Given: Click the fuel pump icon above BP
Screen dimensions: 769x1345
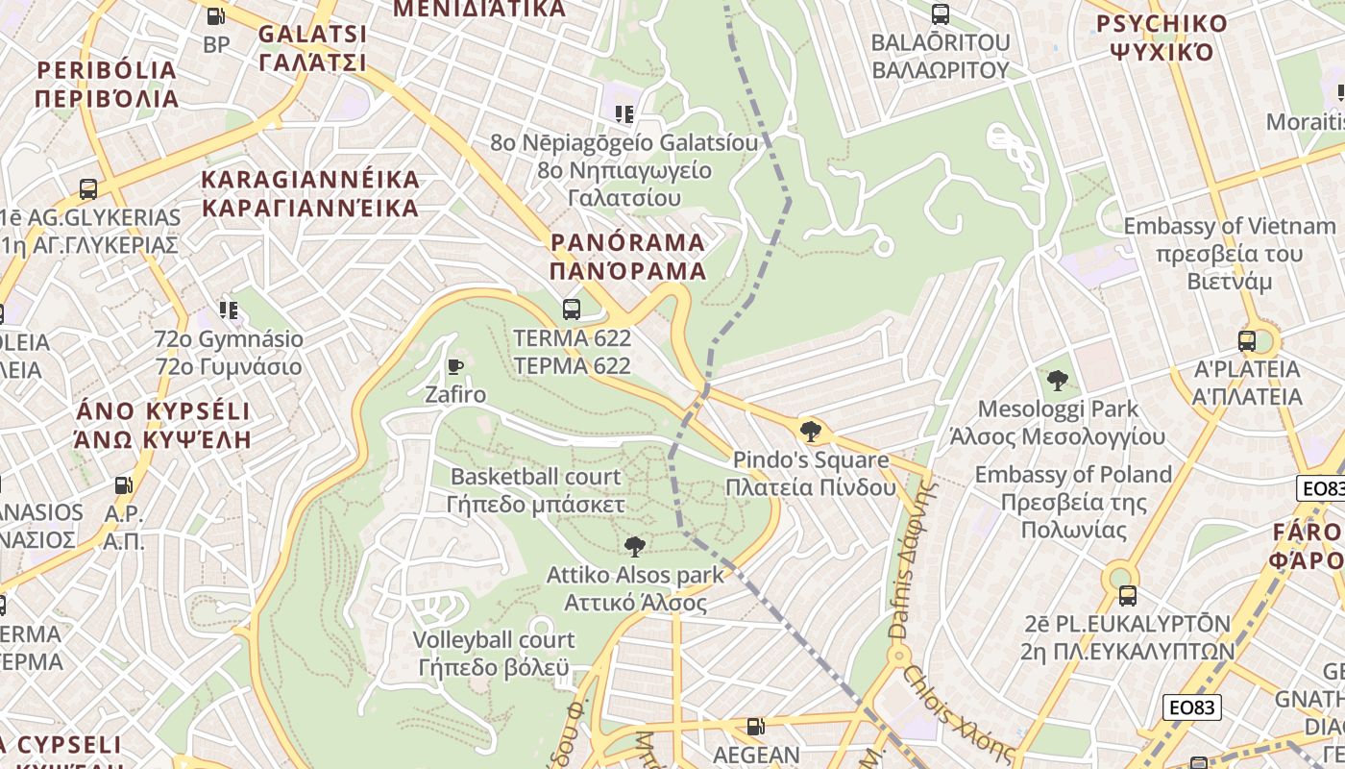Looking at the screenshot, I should point(216,16).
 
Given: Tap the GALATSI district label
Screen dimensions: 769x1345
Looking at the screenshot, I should point(312,49).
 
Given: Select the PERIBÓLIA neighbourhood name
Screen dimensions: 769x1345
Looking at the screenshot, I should point(107,85).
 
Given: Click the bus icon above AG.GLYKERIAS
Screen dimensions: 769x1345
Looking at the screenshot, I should point(88,188).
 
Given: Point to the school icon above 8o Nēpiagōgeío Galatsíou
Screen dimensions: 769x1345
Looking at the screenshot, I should point(624,114).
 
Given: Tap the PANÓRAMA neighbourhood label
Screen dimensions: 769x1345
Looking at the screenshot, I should point(628,256).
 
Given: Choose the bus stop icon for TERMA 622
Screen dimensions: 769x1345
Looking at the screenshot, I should point(572,310).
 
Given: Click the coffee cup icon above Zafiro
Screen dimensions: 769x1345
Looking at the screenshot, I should point(455,366).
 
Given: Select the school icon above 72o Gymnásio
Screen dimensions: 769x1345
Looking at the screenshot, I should point(229,310).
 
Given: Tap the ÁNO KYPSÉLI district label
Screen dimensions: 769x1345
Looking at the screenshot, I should point(162,425).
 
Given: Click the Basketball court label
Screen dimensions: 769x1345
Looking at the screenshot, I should point(536,490).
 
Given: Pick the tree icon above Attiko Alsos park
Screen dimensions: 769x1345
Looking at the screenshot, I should point(634,547).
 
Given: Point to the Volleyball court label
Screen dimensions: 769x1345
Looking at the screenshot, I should point(494,654).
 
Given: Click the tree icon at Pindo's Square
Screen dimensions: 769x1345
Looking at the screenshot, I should point(811,431).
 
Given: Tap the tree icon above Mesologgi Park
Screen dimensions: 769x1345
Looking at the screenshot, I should point(1057,381).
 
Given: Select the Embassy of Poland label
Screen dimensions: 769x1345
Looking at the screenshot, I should point(1073,502).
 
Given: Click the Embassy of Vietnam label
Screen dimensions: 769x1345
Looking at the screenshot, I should point(1229,254).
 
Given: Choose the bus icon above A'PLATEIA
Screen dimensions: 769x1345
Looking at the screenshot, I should point(1247,340).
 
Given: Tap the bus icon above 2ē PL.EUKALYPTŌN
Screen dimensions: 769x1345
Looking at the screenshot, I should point(1127,595).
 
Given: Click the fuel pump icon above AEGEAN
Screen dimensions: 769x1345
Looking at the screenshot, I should point(756,728).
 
